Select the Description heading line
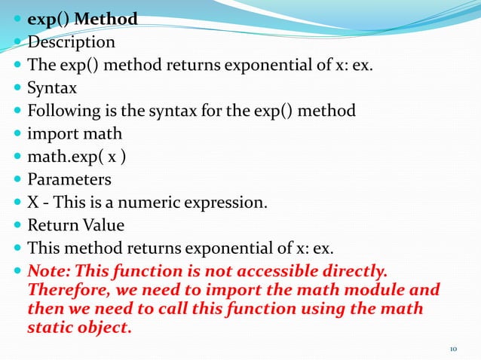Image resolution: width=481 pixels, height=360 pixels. pyautogui.click(x=71, y=42)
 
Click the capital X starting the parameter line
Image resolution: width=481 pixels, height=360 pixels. pyautogui.click(x=33, y=203)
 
